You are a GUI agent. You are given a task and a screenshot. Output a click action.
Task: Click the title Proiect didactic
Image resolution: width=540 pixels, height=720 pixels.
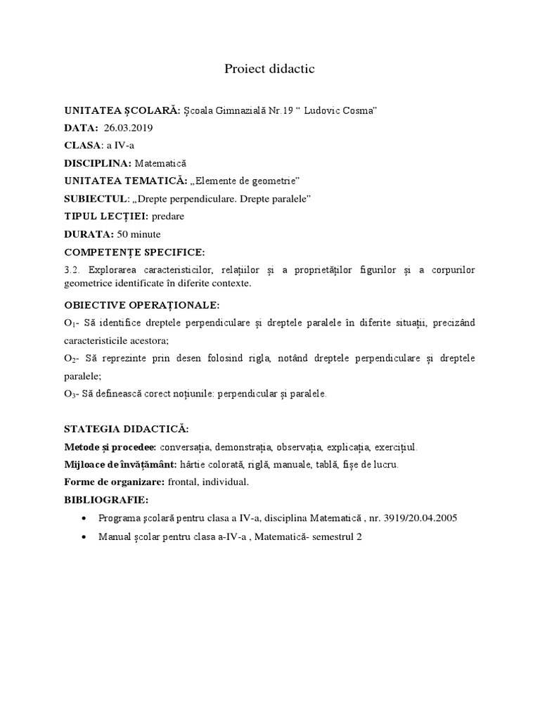tap(269, 68)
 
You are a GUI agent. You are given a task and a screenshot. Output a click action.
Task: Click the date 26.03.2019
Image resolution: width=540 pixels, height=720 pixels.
tap(127, 128)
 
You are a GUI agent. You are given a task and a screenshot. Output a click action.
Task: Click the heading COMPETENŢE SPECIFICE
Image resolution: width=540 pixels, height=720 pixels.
tap(134, 252)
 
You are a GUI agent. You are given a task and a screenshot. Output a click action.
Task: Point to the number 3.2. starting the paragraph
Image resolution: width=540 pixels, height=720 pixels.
tap(73, 270)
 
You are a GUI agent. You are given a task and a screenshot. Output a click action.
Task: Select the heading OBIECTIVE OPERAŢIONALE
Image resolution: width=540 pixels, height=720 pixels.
tap(142, 305)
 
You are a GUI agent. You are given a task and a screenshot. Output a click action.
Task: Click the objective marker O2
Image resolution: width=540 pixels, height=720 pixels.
tap(70, 359)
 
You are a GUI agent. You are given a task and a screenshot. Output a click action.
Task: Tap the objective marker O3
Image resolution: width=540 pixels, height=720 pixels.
tap(70, 394)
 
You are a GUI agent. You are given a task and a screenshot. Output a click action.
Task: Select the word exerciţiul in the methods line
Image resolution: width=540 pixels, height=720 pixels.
tap(396, 447)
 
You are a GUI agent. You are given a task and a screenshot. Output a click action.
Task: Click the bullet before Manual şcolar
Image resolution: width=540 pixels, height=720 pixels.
tap(84, 536)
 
